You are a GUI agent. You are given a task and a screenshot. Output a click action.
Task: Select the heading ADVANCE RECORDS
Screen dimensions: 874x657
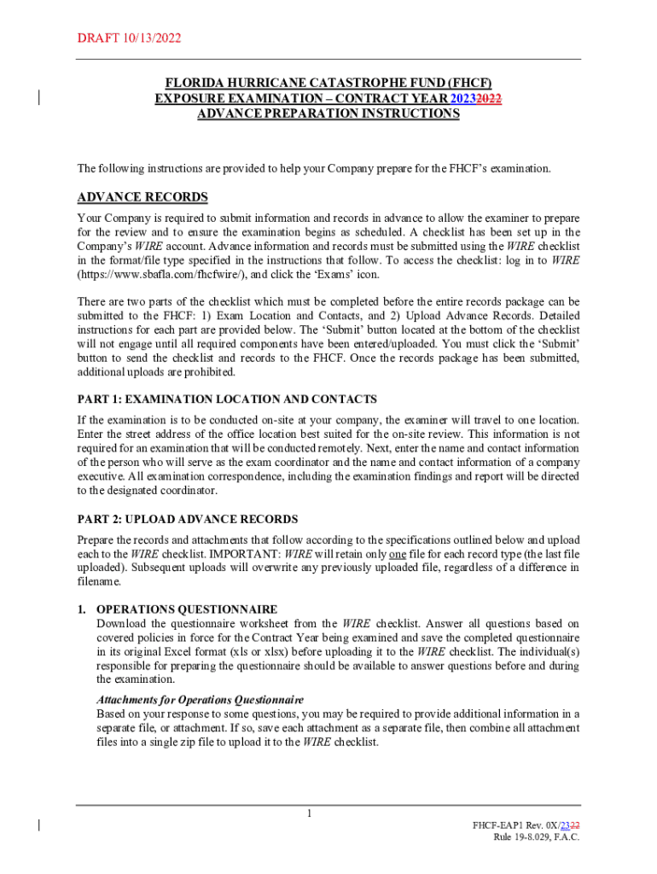pyautogui.click(x=142, y=197)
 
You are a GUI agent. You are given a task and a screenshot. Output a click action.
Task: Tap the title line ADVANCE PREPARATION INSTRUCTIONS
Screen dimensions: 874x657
pyautogui.click(x=328, y=114)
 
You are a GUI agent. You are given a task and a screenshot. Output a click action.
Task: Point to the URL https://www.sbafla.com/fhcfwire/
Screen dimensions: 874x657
pyautogui.click(x=150, y=275)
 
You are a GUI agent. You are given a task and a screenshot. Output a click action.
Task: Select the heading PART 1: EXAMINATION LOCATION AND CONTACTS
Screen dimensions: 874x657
pyautogui.click(x=227, y=399)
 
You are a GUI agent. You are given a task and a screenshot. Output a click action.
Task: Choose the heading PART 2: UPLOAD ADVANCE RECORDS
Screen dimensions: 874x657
pyautogui.click(x=188, y=519)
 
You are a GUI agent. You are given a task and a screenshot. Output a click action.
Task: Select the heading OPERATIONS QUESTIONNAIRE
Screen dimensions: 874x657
pyautogui.click(x=187, y=609)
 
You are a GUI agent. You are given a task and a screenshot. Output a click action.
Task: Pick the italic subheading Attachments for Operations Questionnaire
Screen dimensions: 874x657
pyautogui.click(x=200, y=700)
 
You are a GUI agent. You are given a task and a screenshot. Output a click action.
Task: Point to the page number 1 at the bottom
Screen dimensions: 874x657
pyautogui.click(x=311, y=813)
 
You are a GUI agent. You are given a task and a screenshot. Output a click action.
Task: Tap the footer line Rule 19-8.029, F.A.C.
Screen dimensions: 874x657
pyautogui.click(x=536, y=837)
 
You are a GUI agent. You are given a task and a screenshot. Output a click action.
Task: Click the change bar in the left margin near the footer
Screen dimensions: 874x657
pyautogui.click(x=39, y=825)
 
